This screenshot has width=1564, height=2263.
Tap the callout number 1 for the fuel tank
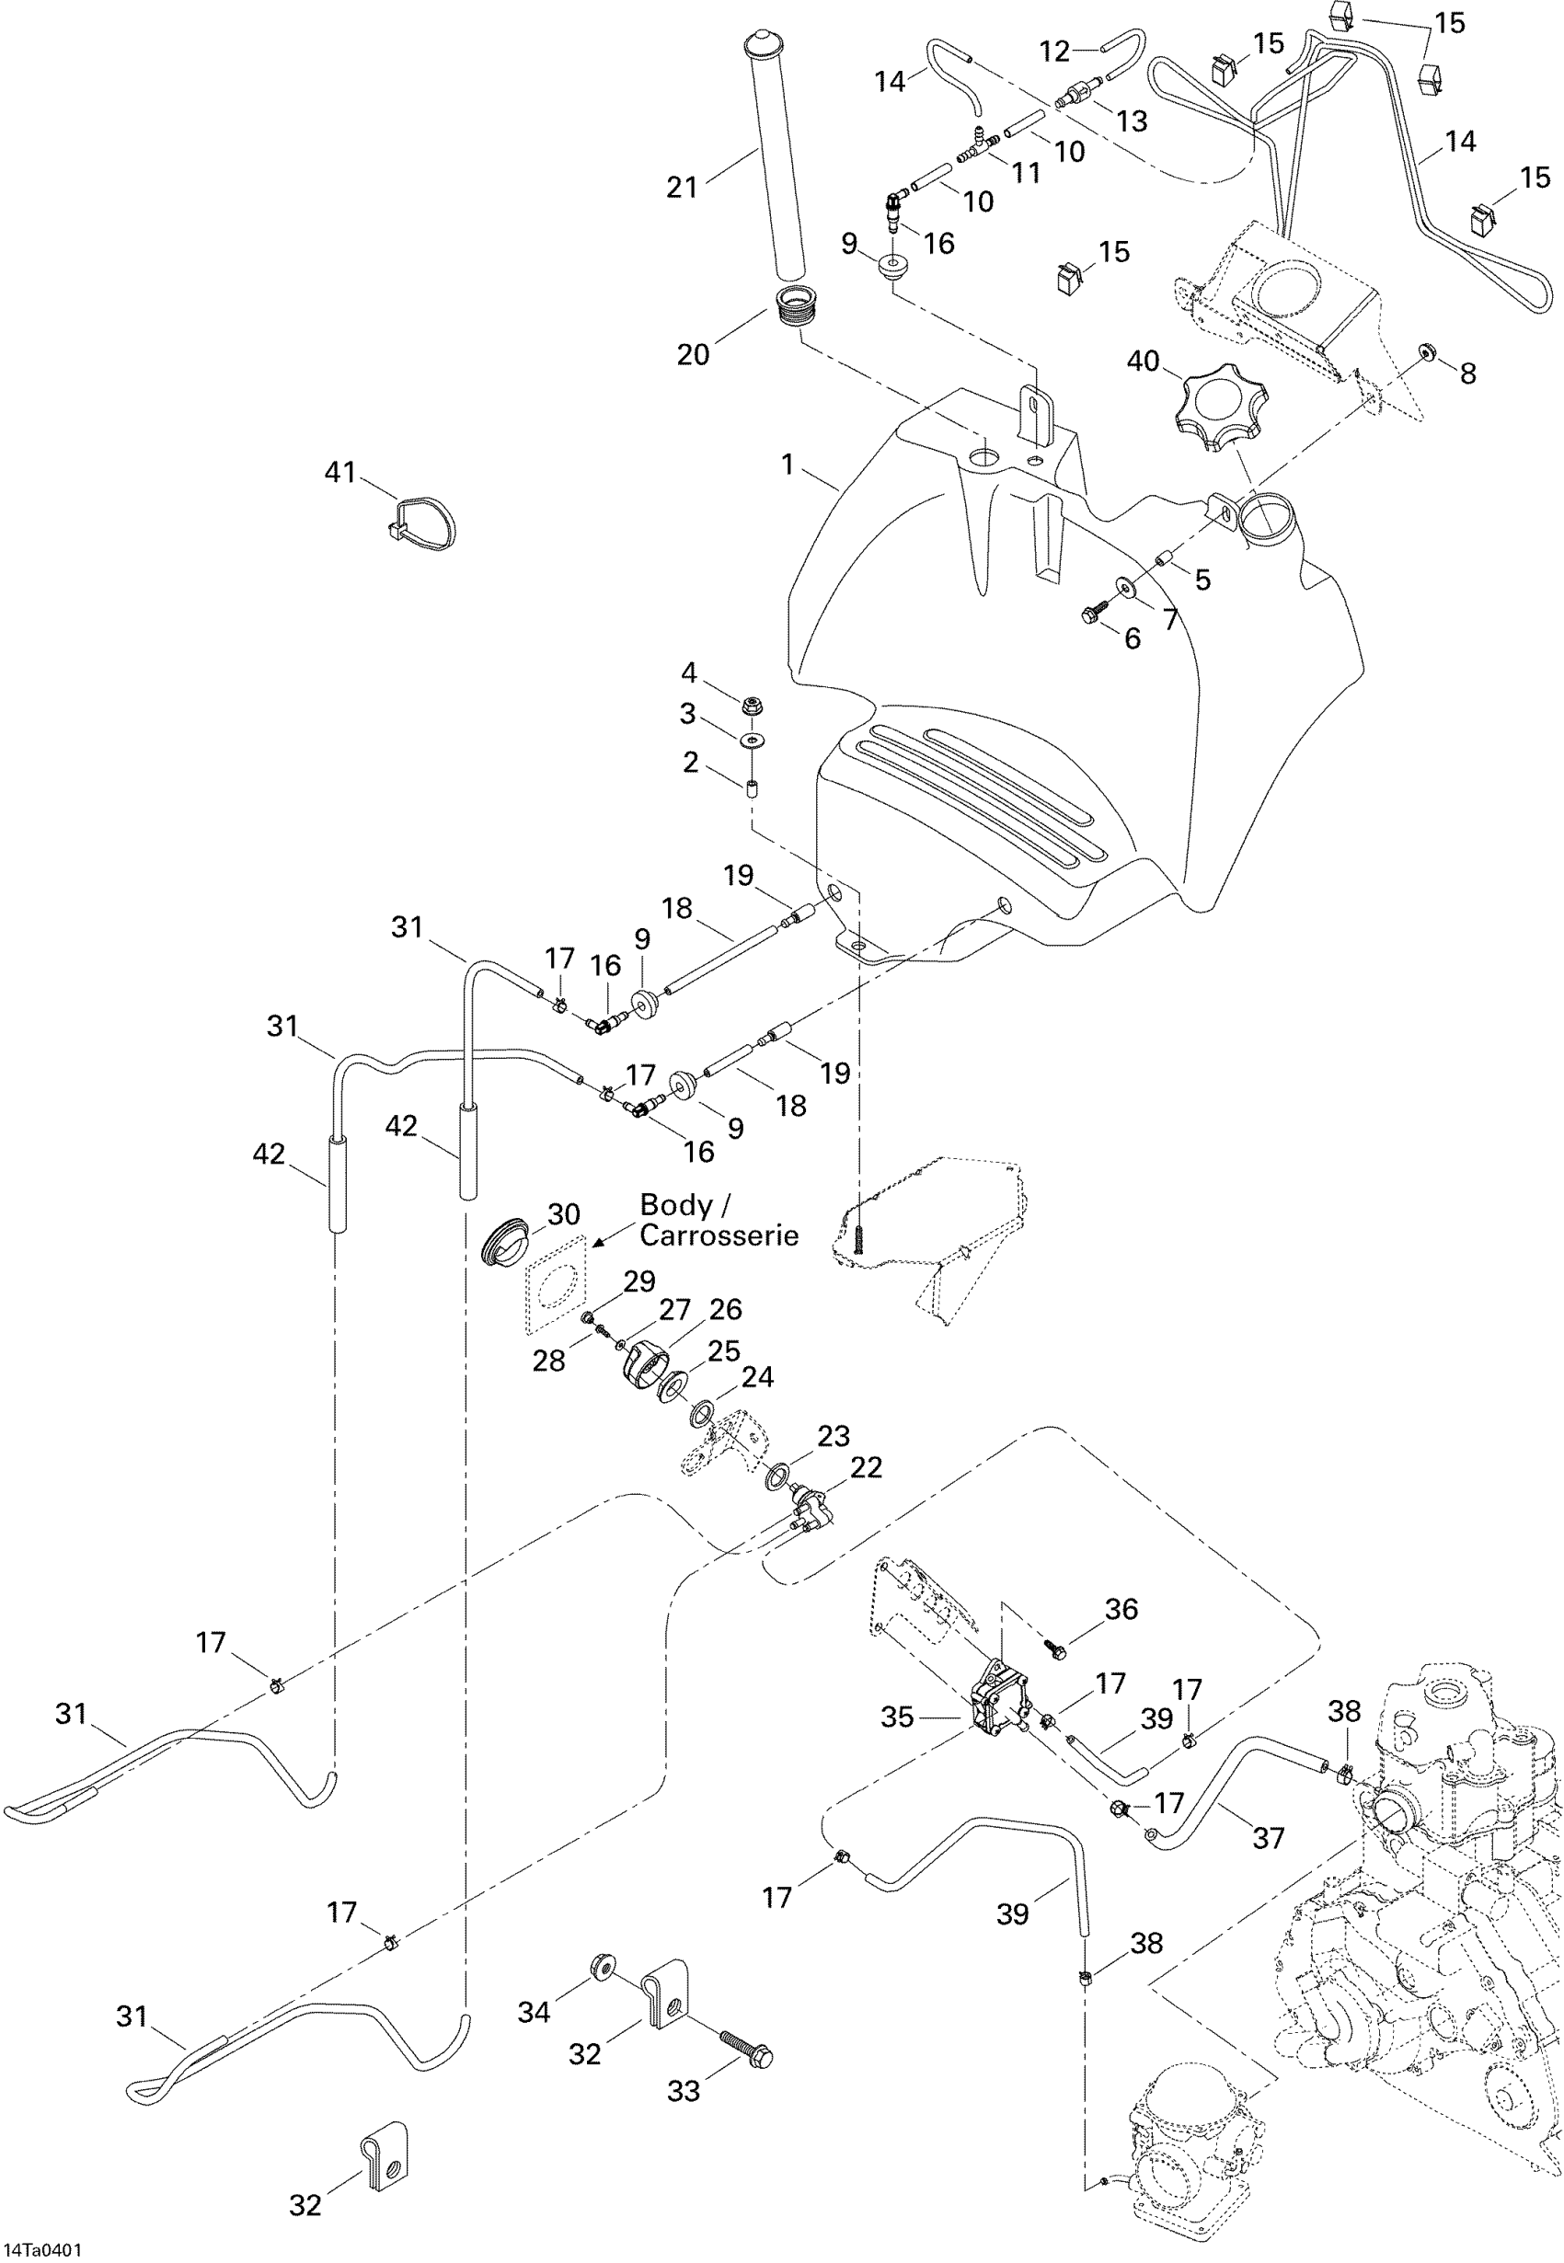point(787,465)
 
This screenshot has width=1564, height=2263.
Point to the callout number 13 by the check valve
point(1132,121)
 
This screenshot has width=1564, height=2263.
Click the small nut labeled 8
point(1426,350)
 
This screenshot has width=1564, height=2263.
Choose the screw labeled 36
point(1054,1648)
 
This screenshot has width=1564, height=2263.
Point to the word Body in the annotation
point(675,1205)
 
